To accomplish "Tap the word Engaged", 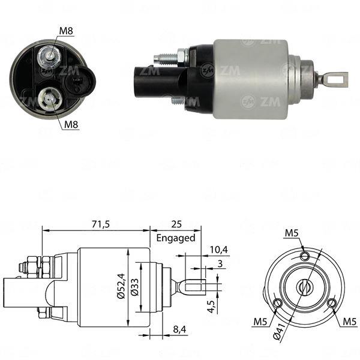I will click(176, 238).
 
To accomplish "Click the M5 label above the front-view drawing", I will click(292, 233).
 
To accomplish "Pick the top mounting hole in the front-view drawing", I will click(305, 257).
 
